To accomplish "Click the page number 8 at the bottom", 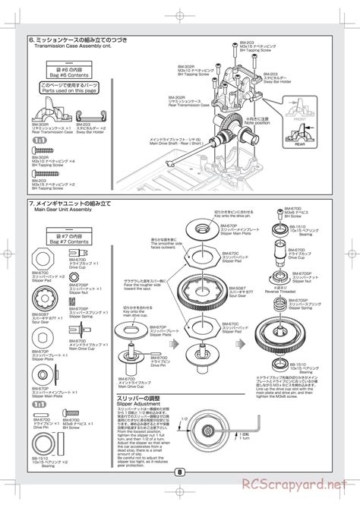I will coord(179,491).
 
